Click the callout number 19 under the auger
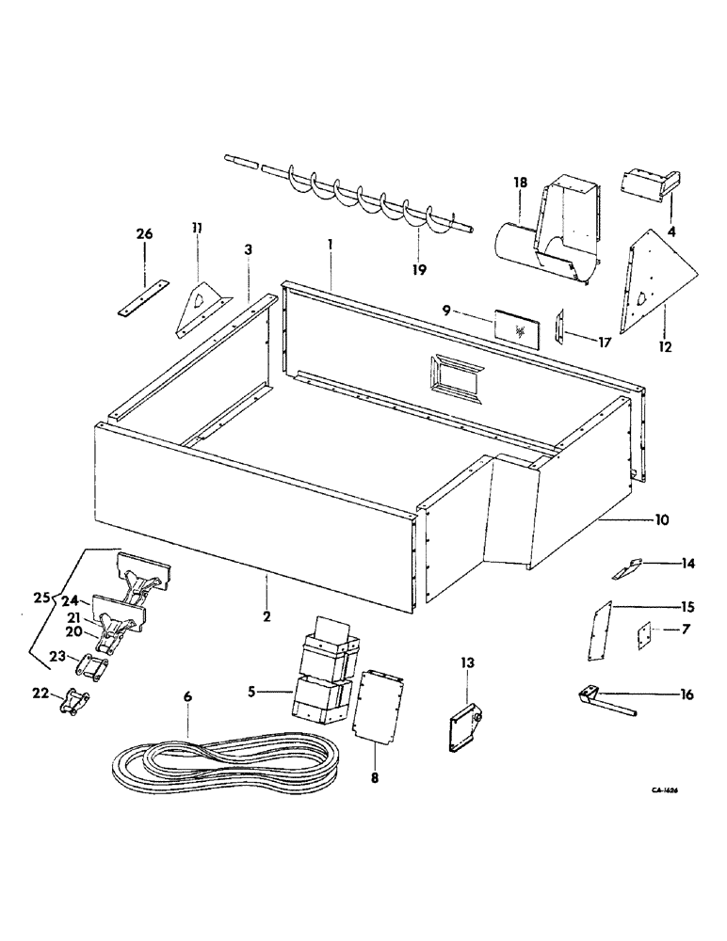tap(419, 270)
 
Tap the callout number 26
tap(145, 233)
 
